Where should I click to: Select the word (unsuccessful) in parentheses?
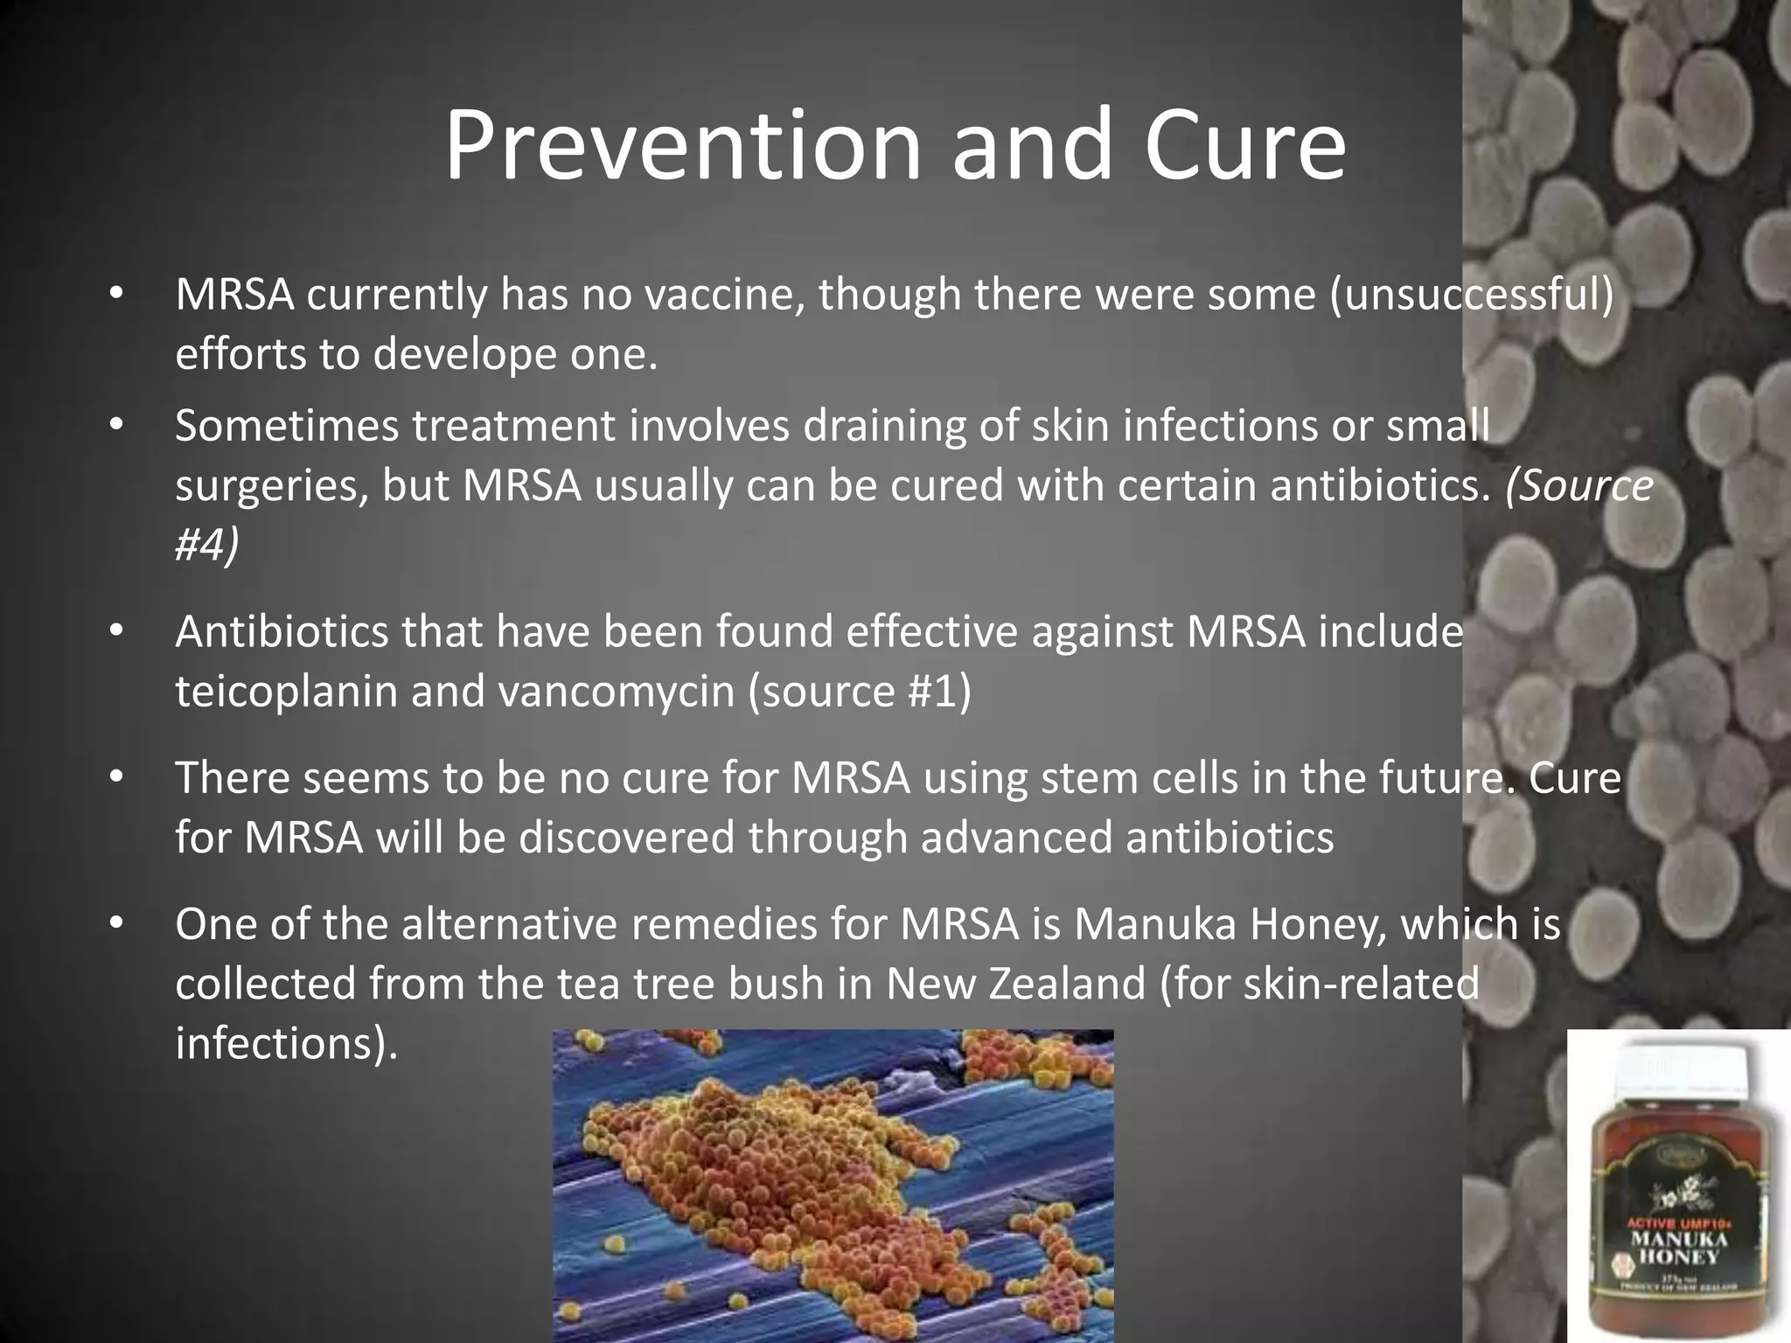click(1471, 295)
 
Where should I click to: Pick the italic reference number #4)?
click(206, 545)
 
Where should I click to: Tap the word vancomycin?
click(617, 692)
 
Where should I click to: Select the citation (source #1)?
click(859, 692)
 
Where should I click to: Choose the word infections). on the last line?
click(286, 1043)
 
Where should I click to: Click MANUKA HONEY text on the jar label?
click(1677, 1249)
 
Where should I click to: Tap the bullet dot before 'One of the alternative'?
click(117, 924)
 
